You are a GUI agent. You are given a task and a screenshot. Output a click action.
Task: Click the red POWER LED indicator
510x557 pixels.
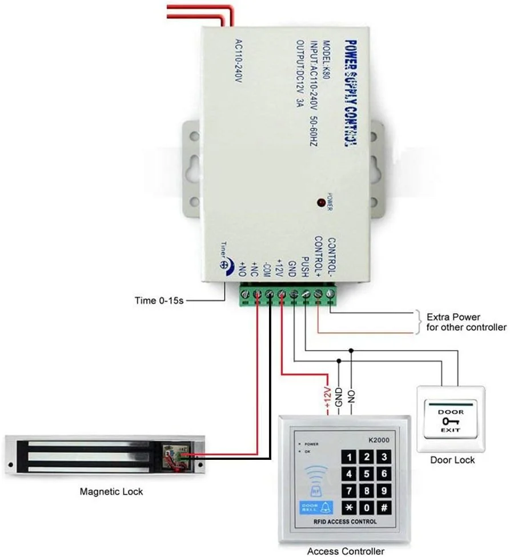pos(321,202)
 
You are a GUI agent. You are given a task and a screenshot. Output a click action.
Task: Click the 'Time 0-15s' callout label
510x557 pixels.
pos(159,300)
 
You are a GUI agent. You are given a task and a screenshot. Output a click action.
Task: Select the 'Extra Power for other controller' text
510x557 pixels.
pos(466,322)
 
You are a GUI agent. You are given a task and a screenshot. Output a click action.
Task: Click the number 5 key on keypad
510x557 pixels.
pos(367,474)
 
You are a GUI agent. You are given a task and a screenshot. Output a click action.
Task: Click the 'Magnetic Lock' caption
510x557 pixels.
pos(111,491)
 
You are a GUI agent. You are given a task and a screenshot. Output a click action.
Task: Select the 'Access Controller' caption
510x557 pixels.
pos(346,551)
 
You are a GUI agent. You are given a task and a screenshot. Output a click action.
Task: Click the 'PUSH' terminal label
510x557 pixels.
pos(305,266)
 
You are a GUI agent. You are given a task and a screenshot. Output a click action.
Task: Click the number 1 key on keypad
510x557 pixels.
pos(350,456)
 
